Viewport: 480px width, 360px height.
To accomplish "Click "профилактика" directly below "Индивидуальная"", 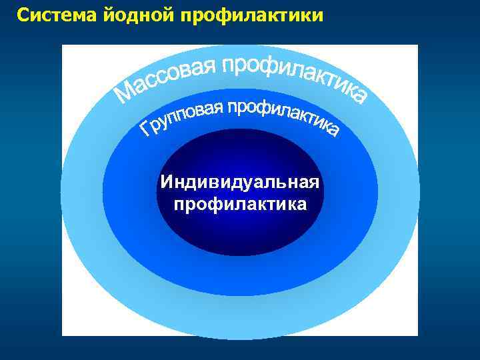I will pyautogui.click(x=240, y=203).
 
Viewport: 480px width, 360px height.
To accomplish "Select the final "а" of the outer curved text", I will pyautogui.click(x=358, y=97).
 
